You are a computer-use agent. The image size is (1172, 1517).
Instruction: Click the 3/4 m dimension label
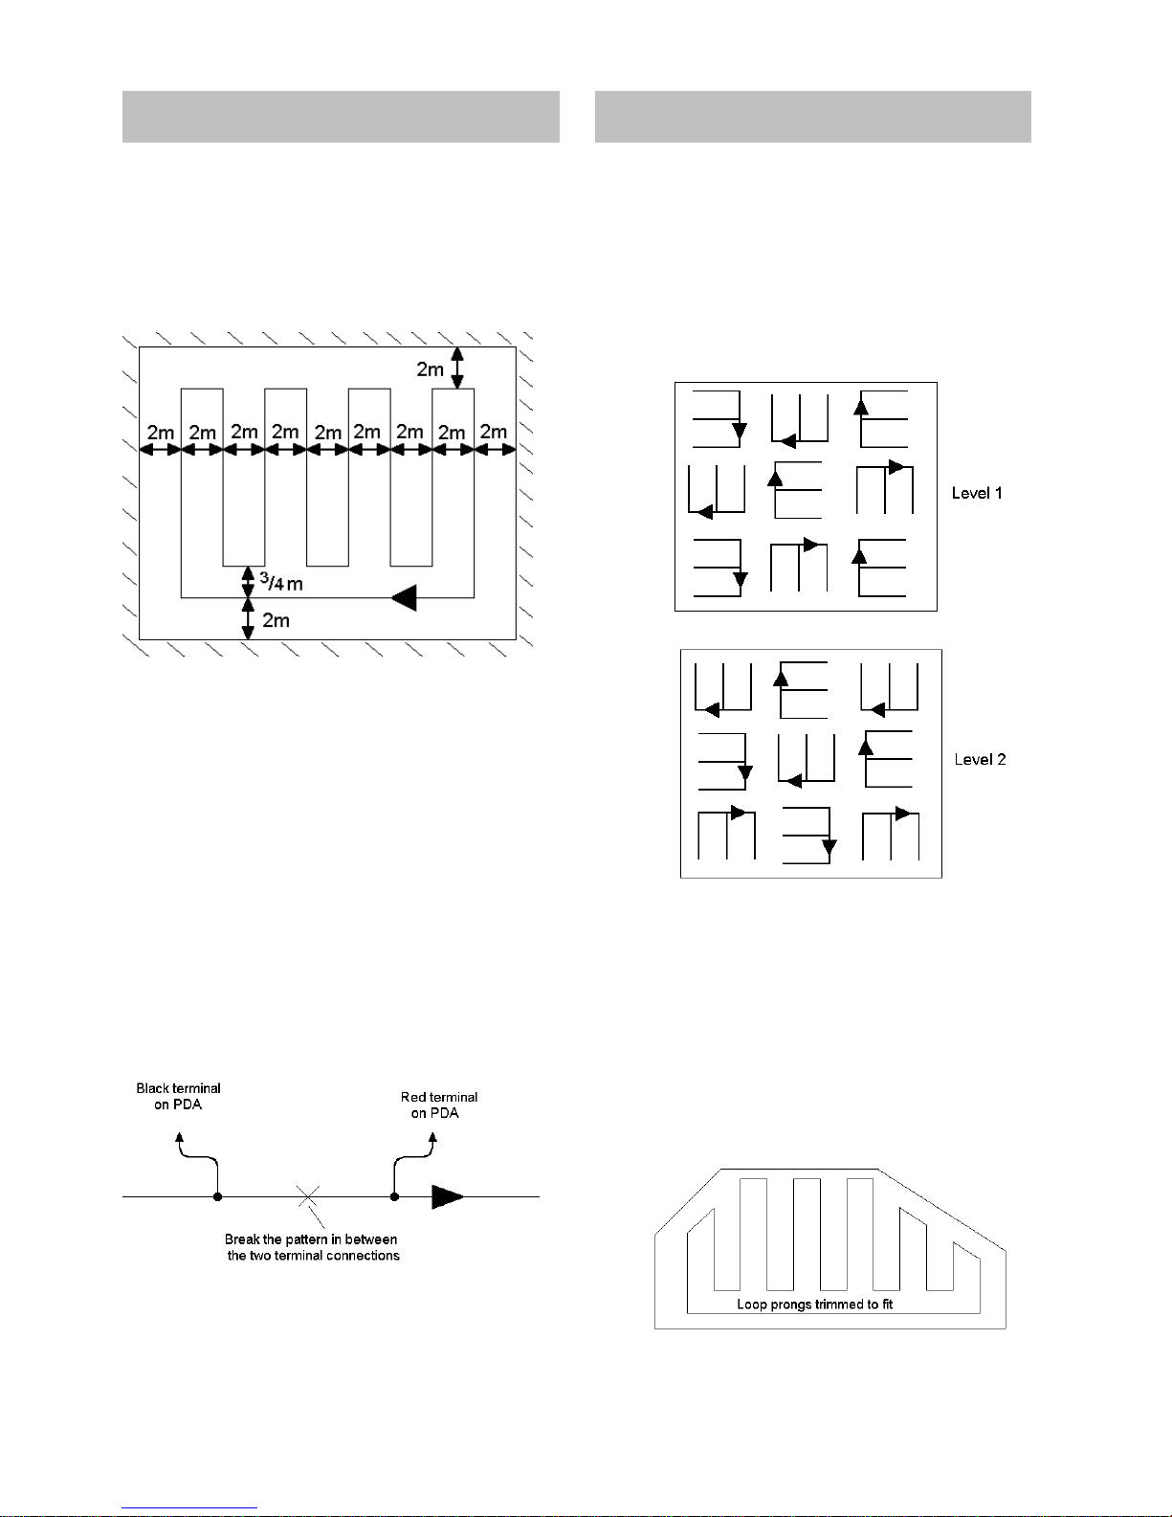(281, 582)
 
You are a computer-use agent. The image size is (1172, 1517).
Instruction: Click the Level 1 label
(977, 493)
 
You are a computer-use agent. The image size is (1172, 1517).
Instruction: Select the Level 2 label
(980, 760)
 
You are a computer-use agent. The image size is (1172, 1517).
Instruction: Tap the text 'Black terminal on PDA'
(178, 1096)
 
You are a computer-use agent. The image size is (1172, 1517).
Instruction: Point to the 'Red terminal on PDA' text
(439, 1105)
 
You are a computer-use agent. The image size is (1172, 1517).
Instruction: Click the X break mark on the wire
(308, 1196)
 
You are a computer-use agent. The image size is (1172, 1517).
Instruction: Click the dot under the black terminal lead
(218, 1196)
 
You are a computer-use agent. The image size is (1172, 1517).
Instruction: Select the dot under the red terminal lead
(394, 1196)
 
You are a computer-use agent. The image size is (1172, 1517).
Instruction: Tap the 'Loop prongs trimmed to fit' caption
(815, 1305)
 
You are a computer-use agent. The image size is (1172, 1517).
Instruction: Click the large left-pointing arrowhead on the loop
(404, 597)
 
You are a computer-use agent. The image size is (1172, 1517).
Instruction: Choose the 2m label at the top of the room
(430, 369)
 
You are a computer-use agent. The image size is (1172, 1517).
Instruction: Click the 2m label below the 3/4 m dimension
(276, 620)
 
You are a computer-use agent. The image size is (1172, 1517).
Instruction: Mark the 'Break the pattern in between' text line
(310, 1239)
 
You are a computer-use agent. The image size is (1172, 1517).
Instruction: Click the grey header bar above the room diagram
(341, 117)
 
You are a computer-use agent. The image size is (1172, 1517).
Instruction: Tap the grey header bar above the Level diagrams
(812, 117)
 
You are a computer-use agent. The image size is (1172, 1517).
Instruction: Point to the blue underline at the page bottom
(189, 1508)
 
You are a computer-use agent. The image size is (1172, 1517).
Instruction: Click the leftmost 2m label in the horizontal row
(161, 433)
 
